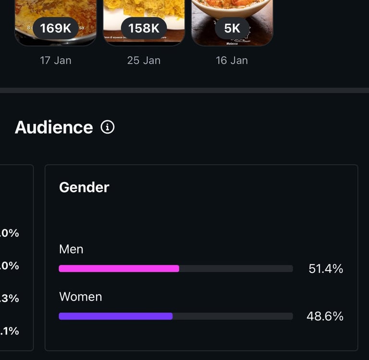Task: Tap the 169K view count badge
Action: click(55, 28)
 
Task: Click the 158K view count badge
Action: click(144, 28)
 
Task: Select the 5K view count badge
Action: click(232, 28)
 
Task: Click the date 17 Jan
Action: click(56, 60)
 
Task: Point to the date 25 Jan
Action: click(144, 60)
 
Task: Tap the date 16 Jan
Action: click(232, 60)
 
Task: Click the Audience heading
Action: click(54, 127)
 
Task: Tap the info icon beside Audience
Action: click(108, 127)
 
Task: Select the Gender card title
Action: click(84, 187)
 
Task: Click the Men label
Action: click(71, 249)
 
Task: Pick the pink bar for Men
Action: click(119, 268)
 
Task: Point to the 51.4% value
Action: click(326, 269)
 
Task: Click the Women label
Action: click(81, 297)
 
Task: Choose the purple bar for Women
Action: click(115, 316)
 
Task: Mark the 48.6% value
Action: click(325, 316)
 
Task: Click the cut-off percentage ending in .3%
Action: click(10, 298)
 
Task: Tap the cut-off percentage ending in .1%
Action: click(10, 331)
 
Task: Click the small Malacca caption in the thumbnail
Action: click(232, 43)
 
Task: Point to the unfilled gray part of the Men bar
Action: click(235, 268)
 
